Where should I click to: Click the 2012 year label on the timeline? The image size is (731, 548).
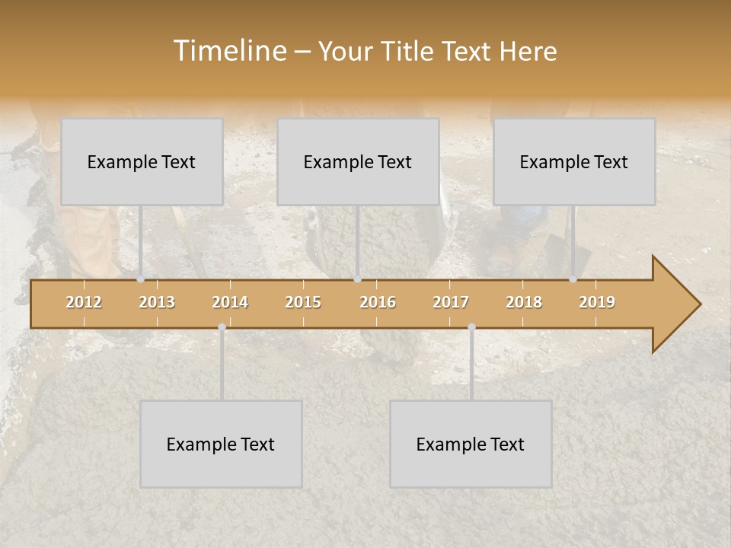click(x=84, y=302)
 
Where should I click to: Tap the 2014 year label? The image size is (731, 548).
click(x=230, y=302)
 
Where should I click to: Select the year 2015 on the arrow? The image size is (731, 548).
click(x=303, y=302)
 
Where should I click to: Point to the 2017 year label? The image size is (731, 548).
click(x=451, y=302)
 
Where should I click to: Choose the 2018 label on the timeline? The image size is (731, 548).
click(x=524, y=302)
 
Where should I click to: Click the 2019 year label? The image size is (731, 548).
click(x=597, y=302)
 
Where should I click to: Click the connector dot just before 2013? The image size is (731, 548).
click(x=140, y=279)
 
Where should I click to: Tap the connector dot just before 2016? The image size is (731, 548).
click(x=357, y=279)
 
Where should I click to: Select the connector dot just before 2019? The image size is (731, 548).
click(x=573, y=279)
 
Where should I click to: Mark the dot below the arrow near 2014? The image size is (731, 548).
click(x=222, y=327)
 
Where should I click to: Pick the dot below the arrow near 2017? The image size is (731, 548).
click(x=471, y=327)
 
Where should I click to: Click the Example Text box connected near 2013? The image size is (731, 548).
click(x=142, y=162)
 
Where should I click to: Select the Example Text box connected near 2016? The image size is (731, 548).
click(x=358, y=162)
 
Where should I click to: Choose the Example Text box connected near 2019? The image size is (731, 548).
click(x=574, y=162)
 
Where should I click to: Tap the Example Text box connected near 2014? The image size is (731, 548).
click(x=221, y=444)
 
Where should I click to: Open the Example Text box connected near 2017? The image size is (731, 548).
click(x=471, y=444)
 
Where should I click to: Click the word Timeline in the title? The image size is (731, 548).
click(x=229, y=51)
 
